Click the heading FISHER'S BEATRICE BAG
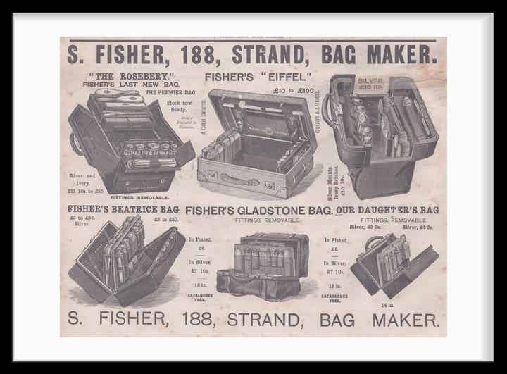[123, 209]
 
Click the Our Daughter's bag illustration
[393, 262]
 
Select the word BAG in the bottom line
[336, 319]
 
